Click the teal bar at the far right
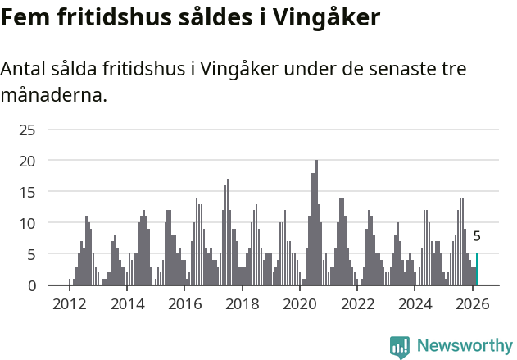[x=477, y=270]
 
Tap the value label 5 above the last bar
[x=477, y=237]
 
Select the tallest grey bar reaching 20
[x=316, y=223]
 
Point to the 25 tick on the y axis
[x=28, y=130]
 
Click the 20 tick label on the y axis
[x=28, y=161]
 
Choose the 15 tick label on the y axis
[x=28, y=192]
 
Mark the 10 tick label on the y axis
[x=28, y=223]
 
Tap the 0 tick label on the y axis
[x=32, y=285]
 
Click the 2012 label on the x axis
[x=69, y=304]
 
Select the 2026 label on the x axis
[x=473, y=304]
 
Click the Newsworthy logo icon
[x=400, y=347]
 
